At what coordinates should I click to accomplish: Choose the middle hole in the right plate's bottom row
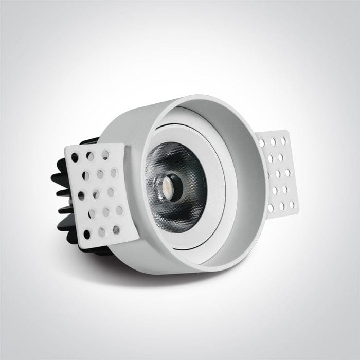(x=282, y=207)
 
